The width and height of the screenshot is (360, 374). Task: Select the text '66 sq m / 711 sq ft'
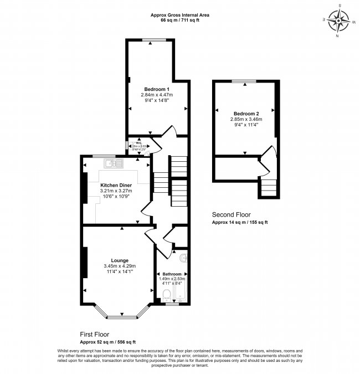[x=179, y=19]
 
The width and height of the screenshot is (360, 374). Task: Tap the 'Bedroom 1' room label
[x=157, y=89]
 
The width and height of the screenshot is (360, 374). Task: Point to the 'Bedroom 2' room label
[x=246, y=113]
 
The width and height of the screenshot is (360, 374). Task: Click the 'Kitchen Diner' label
[x=116, y=186]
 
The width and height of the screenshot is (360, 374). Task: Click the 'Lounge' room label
[x=120, y=260]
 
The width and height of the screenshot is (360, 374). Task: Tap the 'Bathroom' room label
[x=172, y=274]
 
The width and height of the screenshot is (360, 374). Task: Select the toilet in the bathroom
[x=167, y=299]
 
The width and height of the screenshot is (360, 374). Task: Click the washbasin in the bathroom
[x=184, y=258]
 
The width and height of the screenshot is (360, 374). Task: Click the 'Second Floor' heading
[x=232, y=214]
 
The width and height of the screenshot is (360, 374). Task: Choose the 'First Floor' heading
[x=95, y=335]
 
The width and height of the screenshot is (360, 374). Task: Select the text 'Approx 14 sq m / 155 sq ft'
[x=240, y=222]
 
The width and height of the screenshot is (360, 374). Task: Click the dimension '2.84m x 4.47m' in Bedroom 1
[x=157, y=95]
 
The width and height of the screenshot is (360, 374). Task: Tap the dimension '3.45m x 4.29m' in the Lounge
[x=120, y=266]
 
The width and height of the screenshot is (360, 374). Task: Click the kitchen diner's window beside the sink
[x=100, y=156]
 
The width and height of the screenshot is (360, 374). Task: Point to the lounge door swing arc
[x=150, y=232]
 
